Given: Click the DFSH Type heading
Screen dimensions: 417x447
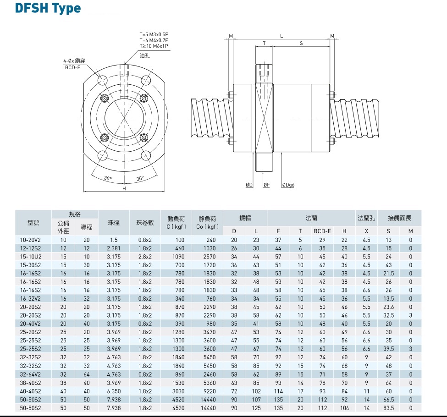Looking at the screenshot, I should (48, 9).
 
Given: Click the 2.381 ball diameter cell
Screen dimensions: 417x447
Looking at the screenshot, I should (114, 248).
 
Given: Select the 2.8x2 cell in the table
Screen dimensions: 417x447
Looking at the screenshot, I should (145, 257).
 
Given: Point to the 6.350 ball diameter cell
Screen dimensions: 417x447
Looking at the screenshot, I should (114, 391).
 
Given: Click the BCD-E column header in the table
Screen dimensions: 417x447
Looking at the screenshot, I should (322, 231).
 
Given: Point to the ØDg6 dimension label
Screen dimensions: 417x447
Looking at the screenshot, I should (288, 185).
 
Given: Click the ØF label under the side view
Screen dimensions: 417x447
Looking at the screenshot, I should (266, 185).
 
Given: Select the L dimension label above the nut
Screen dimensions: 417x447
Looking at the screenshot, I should (281, 36).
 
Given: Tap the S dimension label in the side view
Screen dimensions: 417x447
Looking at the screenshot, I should (301, 43).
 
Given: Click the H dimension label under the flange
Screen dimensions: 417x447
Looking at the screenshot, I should (124, 188).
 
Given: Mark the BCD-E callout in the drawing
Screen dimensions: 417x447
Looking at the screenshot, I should (73, 67).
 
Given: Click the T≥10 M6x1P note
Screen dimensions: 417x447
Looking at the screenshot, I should (154, 46).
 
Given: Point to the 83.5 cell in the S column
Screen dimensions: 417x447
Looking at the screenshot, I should (388, 408).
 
